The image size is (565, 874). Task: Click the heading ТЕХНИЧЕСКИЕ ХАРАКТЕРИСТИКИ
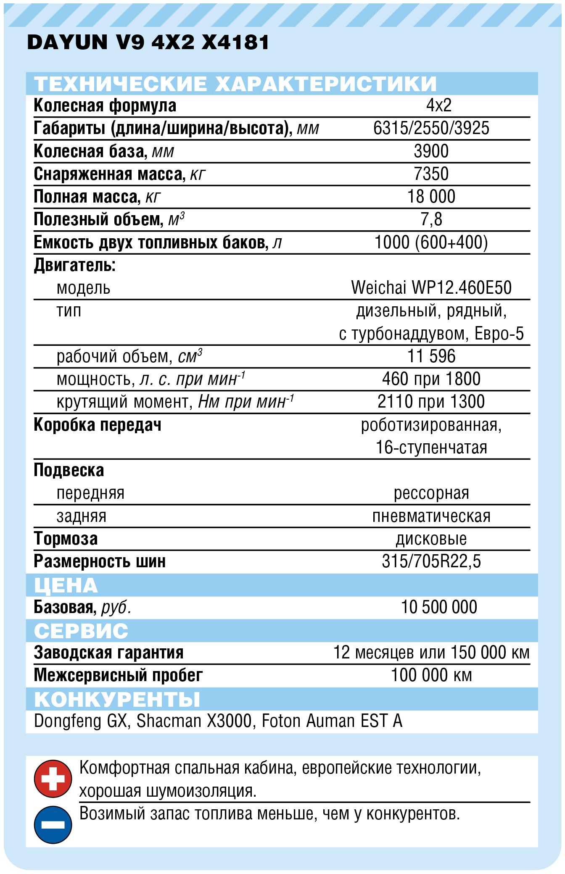(x=235, y=84)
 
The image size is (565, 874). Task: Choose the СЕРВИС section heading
(x=81, y=631)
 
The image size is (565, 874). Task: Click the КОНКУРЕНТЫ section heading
(x=117, y=699)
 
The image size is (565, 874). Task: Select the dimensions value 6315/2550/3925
(x=431, y=128)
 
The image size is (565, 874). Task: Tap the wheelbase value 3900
(x=431, y=151)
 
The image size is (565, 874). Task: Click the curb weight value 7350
(x=431, y=174)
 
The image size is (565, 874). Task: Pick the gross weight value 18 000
(x=431, y=197)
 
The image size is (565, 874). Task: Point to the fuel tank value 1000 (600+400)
(x=431, y=242)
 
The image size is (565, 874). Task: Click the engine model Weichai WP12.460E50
(x=431, y=288)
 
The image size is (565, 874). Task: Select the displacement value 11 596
(x=431, y=356)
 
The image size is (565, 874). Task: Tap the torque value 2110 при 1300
(x=431, y=402)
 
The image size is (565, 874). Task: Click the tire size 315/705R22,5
(x=431, y=561)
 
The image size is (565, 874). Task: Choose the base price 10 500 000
(x=439, y=607)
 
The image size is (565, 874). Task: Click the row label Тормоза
(x=66, y=539)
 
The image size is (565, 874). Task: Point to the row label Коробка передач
(x=98, y=425)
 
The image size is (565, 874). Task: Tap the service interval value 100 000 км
(x=431, y=675)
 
